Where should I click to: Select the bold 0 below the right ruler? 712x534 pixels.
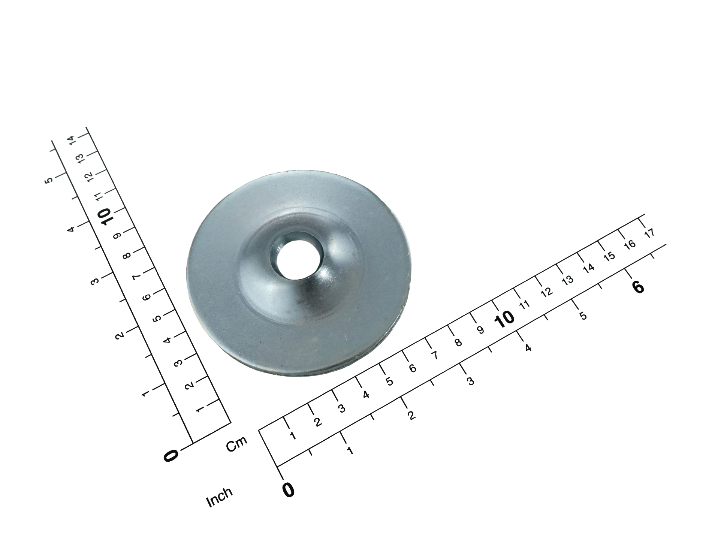click(288, 489)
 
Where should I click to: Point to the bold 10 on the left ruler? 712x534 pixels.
click(103, 217)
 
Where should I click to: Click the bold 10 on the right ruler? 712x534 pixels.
click(504, 319)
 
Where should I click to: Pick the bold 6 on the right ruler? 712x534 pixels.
click(638, 287)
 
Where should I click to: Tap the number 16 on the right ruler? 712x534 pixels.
click(630, 244)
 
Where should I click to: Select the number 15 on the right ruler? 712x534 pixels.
click(609, 256)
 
